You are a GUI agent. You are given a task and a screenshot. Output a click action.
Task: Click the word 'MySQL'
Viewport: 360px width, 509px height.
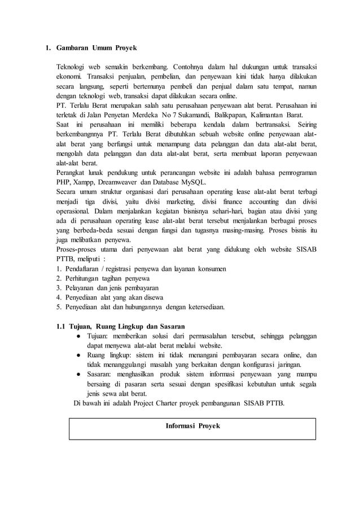pyautogui.click(x=194, y=182)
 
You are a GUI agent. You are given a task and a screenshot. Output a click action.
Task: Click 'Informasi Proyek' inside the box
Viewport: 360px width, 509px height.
pyautogui.click(x=192, y=425)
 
